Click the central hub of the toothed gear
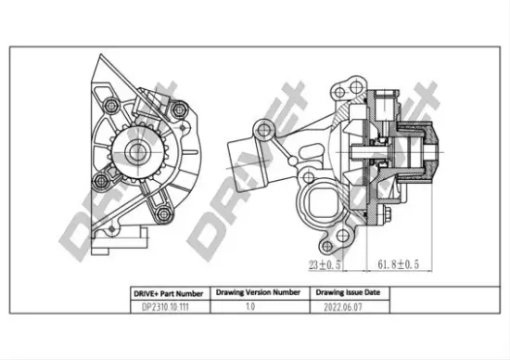[137, 153]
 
